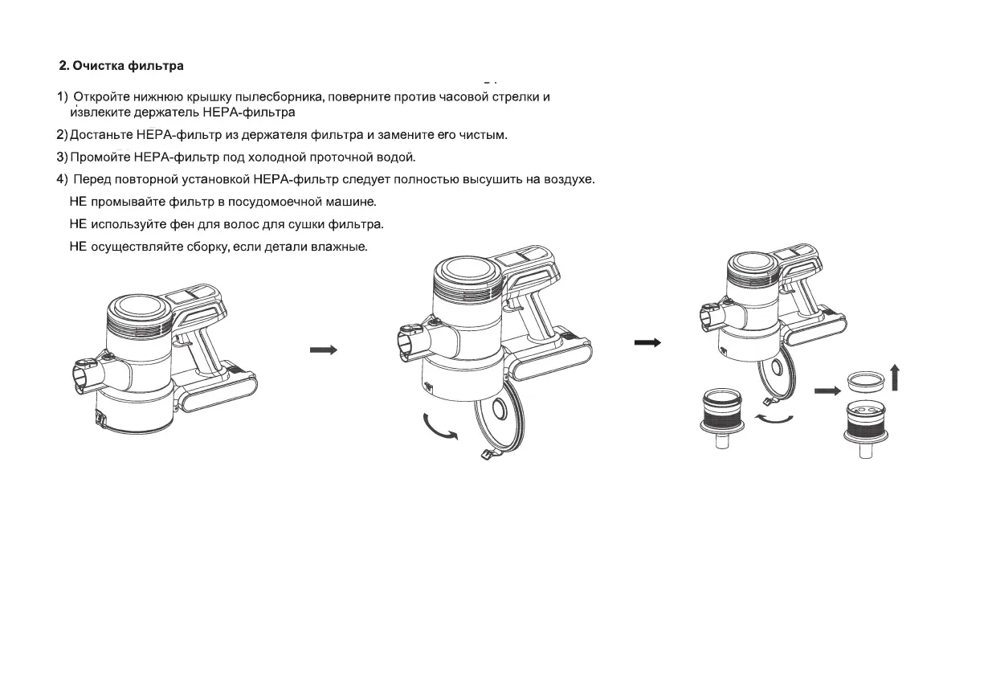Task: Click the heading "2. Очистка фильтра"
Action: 127,66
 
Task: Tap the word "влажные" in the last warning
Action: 338,246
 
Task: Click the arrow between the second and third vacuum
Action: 647,342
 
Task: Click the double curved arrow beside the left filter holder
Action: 774,419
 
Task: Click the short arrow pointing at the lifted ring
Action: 826,391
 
